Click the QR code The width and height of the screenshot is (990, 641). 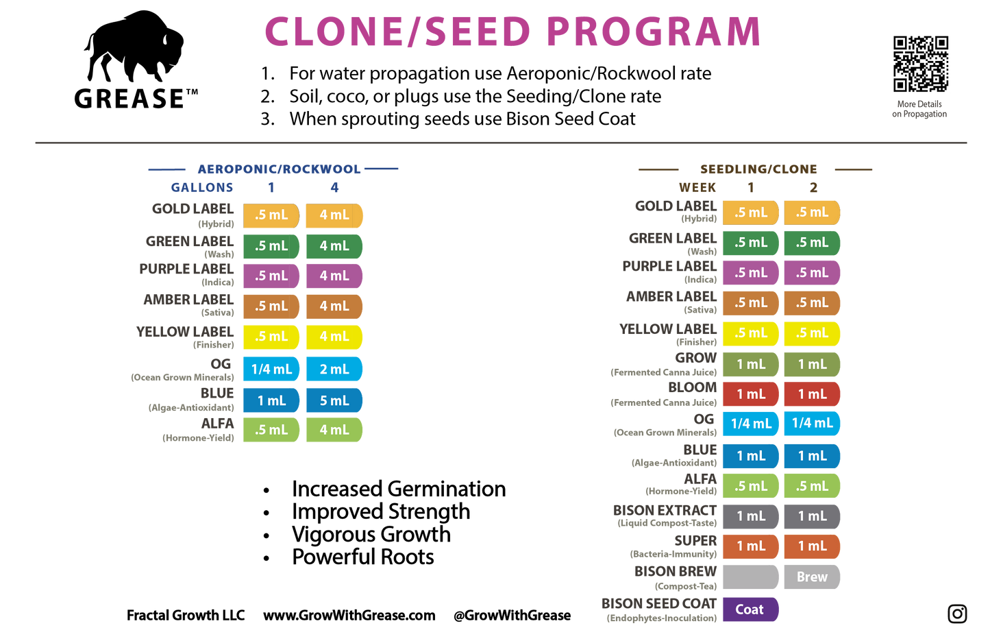(x=920, y=64)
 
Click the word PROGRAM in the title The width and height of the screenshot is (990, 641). (x=654, y=32)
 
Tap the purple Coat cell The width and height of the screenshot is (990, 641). (x=750, y=609)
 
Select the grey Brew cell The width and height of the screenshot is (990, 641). (x=812, y=577)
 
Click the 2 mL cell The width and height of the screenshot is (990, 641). (x=334, y=369)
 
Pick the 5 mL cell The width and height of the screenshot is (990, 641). (x=334, y=400)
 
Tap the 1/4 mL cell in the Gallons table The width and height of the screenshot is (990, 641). (x=271, y=369)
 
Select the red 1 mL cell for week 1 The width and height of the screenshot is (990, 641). (x=751, y=394)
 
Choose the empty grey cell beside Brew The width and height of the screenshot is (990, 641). (x=751, y=577)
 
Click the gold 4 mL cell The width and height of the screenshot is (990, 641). (x=334, y=215)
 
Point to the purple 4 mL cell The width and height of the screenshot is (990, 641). (x=334, y=276)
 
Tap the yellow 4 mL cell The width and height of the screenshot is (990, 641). (x=334, y=337)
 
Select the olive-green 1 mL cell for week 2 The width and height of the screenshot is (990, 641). (x=812, y=364)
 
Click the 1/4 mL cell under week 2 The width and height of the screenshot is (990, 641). (x=812, y=424)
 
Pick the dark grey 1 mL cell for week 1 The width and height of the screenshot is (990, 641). (x=751, y=516)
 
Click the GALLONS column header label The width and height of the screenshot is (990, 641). (x=202, y=187)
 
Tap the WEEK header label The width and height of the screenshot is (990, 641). (x=697, y=187)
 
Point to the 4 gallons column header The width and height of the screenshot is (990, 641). (x=334, y=187)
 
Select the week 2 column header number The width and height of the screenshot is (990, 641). (x=813, y=187)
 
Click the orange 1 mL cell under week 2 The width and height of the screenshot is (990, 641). (x=812, y=546)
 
